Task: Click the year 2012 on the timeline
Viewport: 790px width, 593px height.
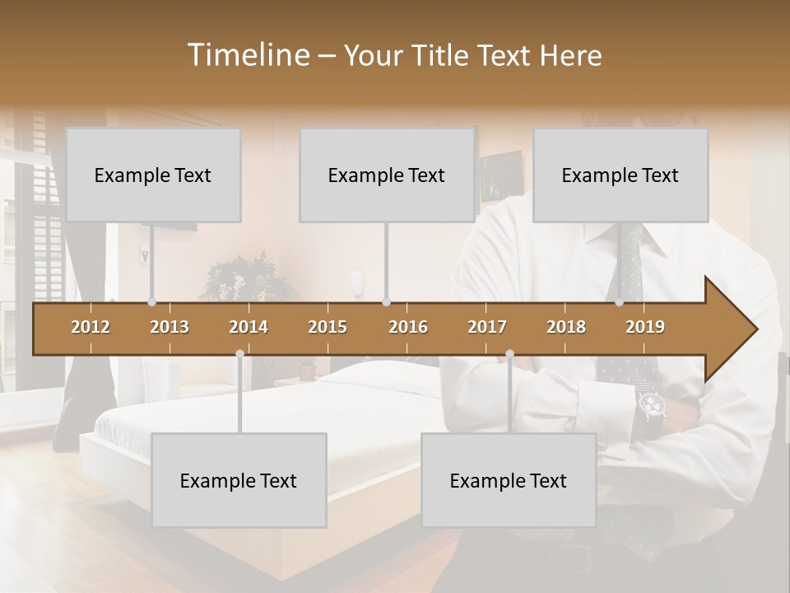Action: [x=91, y=327]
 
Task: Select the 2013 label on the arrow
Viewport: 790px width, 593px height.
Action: [x=170, y=327]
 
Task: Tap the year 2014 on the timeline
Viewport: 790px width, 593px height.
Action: [x=249, y=327]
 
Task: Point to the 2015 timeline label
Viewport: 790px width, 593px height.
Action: [x=328, y=327]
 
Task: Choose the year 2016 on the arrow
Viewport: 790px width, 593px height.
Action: [x=408, y=327]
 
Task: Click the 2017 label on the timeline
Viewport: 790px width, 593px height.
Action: [x=487, y=327]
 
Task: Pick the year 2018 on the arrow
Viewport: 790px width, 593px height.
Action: [x=566, y=327]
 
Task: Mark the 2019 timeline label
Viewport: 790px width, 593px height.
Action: [x=645, y=327]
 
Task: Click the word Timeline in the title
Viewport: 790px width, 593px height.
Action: [x=247, y=55]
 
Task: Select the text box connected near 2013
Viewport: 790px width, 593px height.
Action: [x=153, y=175]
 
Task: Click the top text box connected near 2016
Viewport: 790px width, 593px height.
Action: [x=387, y=175]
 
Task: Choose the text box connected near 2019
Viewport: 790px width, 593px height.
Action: [x=620, y=175]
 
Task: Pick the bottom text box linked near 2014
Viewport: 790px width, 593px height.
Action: [x=239, y=480]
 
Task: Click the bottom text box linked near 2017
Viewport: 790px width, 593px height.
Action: [x=509, y=480]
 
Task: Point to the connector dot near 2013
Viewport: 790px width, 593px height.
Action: [x=151, y=302]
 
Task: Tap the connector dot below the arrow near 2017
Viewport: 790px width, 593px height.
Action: [x=509, y=354]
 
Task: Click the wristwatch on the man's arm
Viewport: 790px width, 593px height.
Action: [x=651, y=405]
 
